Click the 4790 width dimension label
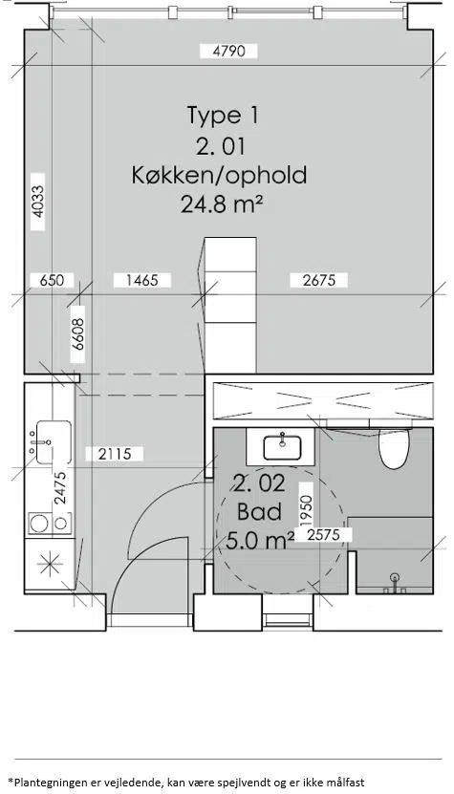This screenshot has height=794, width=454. pyautogui.click(x=229, y=52)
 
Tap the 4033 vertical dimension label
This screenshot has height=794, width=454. pyautogui.click(x=37, y=202)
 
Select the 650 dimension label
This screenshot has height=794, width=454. pyautogui.click(x=52, y=280)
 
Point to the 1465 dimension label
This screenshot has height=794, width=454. pyautogui.click(x=141, y=280)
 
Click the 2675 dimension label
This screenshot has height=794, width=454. pyautogui.click(x=319, y=280)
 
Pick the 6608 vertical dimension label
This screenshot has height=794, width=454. pyautogui.click(x=77, y=334)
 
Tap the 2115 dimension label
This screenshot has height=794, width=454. pyautogui.click(x=115, y=454)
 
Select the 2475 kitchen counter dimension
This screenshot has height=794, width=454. pyautogui.click(x=60, y=487)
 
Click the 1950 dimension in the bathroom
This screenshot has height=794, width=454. pyautogui.click(x=305, y=511)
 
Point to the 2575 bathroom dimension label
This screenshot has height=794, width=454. pyautogui.click(x=322, y=534)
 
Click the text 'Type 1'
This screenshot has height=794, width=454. pyautogui.click(x=223, y=116)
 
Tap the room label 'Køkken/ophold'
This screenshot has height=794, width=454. pyautogui.click(x=220, y=175)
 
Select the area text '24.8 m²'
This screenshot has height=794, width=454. pyautogui.click(x=222, y=204)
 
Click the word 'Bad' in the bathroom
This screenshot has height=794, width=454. pyautogui.click(x=259, y=512)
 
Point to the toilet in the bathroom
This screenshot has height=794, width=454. pyautogui.click(x=394, y=447)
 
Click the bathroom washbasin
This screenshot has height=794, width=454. pyautogui.click(x=282, y=447)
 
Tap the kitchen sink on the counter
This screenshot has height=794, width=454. pyautogui.click(x=54, y=442)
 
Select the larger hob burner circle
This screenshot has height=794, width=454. pyautogui.click(x=39, y=523)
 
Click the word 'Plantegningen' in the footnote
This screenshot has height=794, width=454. pyautogui.click(x=44, y=783)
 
